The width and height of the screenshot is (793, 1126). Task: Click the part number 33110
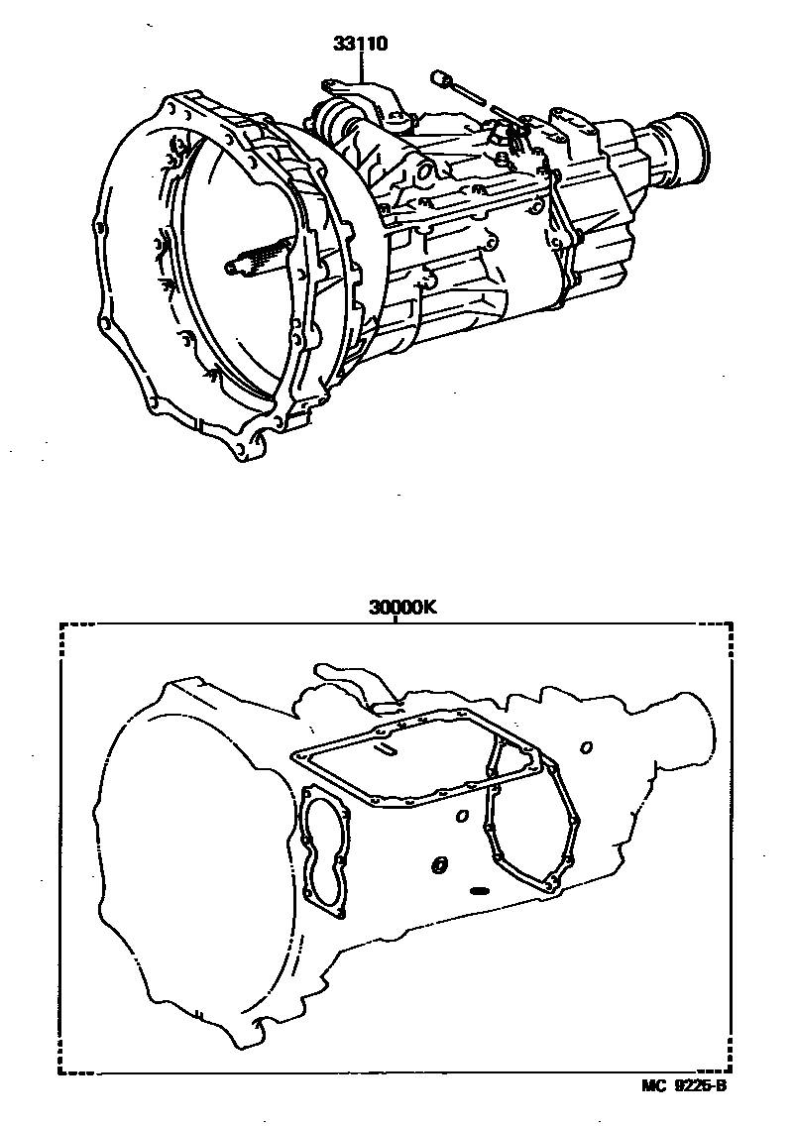pos(360,44)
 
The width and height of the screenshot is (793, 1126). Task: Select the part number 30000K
pos(403,608)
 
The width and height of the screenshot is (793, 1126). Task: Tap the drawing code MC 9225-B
pos(684,1085)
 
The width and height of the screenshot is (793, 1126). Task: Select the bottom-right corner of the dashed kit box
pos(732,1072)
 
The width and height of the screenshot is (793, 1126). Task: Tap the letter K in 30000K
pos(429,608)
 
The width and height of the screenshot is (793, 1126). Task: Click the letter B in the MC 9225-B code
pos(721,1085)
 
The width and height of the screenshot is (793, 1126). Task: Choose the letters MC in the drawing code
pos(653,1085)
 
